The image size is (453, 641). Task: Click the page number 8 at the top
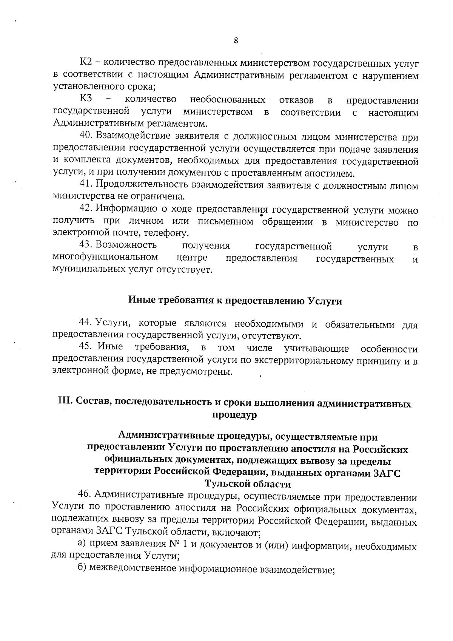coord(236,41)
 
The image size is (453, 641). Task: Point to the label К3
coord(86,99)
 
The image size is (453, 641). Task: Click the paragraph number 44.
coord(85,323)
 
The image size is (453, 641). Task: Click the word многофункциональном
coord(105,258)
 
